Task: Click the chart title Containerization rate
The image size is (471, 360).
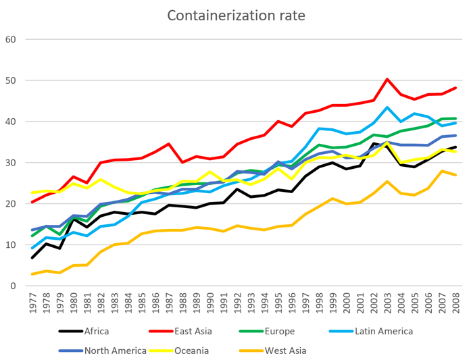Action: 235,16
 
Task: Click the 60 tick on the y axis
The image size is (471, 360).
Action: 11,39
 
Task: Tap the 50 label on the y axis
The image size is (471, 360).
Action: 11,80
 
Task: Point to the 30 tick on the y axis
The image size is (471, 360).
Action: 11,163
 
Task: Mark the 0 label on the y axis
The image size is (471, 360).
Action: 13,286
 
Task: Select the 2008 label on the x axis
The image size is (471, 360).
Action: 454,302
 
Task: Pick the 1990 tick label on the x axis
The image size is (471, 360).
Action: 210,302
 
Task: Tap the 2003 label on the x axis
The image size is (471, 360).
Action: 387,302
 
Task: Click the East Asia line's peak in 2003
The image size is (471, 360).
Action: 387,79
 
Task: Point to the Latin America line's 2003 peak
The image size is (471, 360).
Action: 387,107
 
